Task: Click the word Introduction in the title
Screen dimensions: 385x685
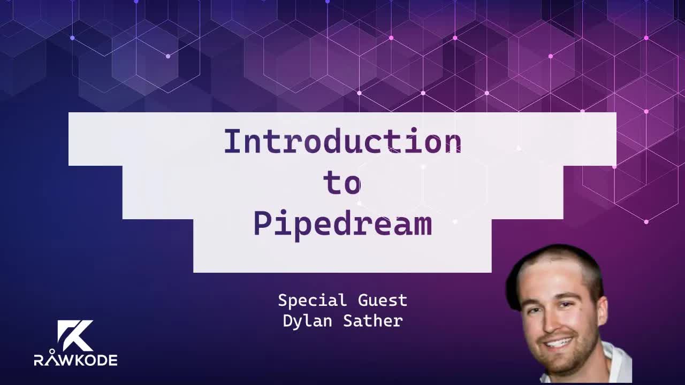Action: coord(342,142)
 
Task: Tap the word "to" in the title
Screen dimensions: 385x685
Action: coord(342,183)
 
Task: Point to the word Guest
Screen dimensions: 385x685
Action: coord(383,301)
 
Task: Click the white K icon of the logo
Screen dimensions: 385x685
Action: coord(75,335)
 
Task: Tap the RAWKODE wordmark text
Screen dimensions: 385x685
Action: coord(75,360)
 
